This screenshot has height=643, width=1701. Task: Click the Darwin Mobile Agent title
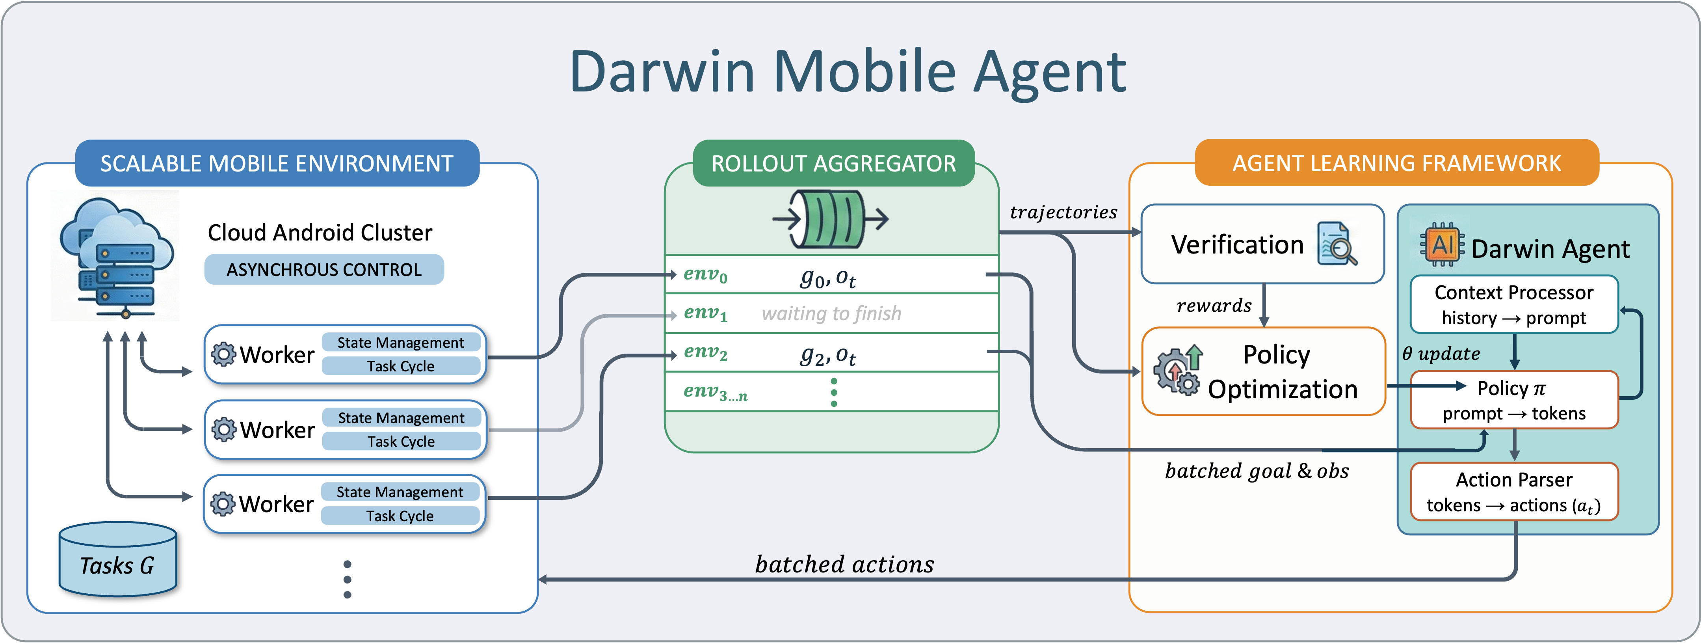coord(848,71)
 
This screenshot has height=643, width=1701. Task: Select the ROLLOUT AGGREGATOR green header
coord(833,163)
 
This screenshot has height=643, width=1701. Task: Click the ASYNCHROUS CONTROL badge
coord(323,270)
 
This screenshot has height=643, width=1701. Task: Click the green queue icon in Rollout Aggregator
coord(831,219)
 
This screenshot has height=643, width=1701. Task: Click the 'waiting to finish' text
coord(831,313)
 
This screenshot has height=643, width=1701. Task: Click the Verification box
coord(1262,244)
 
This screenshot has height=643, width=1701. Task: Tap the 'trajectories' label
coord(1063,212)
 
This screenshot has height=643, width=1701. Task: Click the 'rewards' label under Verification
coord(1214,305)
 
